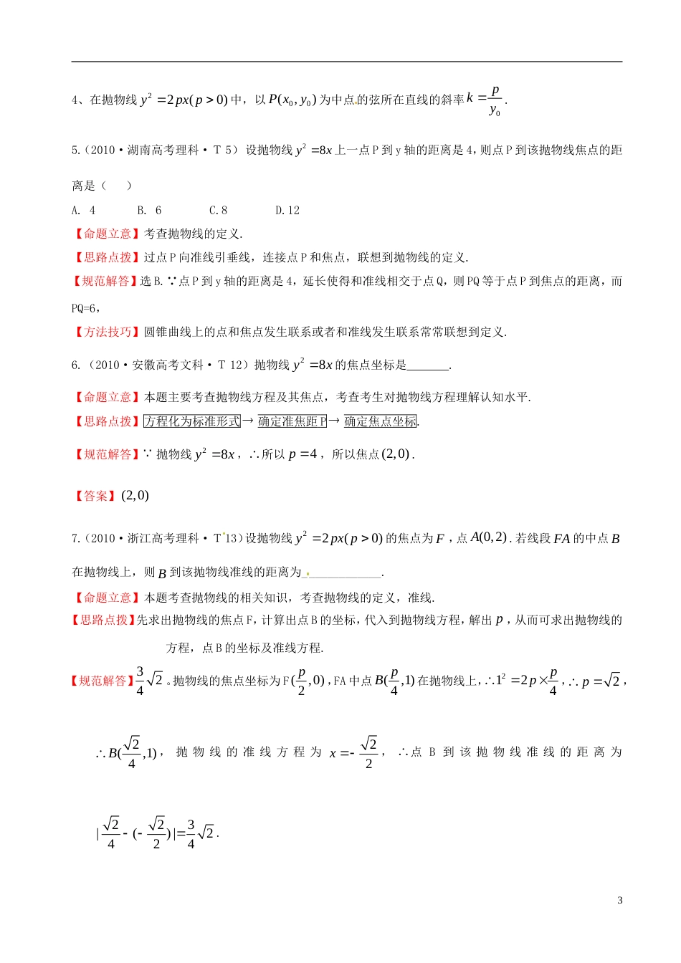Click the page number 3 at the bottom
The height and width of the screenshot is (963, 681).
pyautogui.click(x=620, y=901)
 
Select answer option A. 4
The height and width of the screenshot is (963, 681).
pyautogui.click(x=83, y=210)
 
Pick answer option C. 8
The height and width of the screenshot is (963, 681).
pyautogui.click(x=218, y=210)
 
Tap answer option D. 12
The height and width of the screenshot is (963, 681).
pyautogui.click(x=287, y=210)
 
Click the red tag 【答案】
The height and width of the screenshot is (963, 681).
pyautogui.click(x=95, y=496)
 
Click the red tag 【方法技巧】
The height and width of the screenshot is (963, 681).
pyautogui.click(x=107, y=332)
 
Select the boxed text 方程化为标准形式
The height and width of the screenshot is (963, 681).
pyautogui.click(x=192, y=421)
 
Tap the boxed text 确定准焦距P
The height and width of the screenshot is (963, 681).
pyautogui.click(x=292, y=421)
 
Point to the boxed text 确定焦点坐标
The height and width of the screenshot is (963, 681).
pyautogui.click(x=380, y=421)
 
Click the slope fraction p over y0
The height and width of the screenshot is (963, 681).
pyautogui.click(x=495, y=100)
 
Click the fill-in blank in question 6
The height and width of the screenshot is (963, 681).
pyautogui.click(x=427, y=365)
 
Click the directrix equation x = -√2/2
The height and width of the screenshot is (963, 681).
pyautogui.click(x=353, y=752)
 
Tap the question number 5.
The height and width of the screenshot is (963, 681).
pyautogui.click(x=75, y=150)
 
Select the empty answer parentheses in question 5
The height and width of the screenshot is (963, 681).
pyautogui.click(x=116, y=186)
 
